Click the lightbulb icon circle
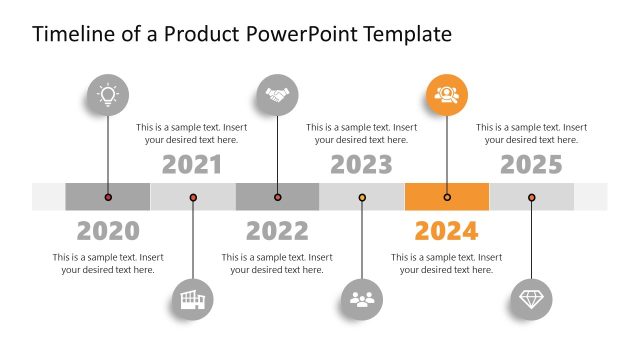[107, 95]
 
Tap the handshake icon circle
[277, 95]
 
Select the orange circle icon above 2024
[446, 95]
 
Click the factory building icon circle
[192, 297]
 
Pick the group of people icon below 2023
[361, 297]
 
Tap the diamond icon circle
[531, 297]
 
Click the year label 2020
[108, 231]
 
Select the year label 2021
[192, 164]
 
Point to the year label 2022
[277, 231]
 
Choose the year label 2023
[361, 164]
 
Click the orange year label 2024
[446, 231]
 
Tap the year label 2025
[531, 164]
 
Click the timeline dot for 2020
[108, 197]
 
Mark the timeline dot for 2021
[193, 197]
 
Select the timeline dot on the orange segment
[447, 197]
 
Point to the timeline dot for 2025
[531, 197]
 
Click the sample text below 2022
[277, 263]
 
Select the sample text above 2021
[192, 133]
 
